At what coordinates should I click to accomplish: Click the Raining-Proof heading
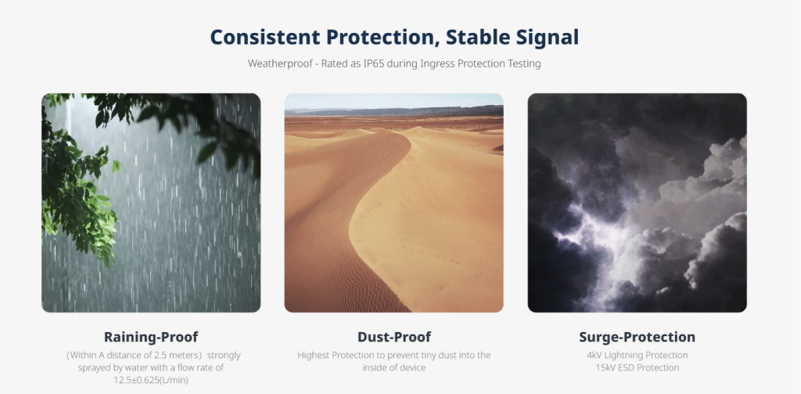[x=151, y=337]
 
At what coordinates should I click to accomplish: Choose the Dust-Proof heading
[x=394, y=337]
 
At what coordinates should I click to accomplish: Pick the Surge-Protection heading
[x=637, y=337]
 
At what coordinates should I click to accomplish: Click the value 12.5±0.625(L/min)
[x=151, y=380]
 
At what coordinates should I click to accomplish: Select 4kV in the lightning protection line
[x=594, y=355]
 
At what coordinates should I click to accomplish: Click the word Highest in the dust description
[x=313, y=355]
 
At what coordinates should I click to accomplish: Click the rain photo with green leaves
[x=151, y=203]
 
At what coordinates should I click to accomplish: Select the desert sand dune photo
[x=394, y=203]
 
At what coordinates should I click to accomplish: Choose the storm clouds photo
[x=637, y=203]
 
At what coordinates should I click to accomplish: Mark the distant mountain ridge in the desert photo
[x=394, y=111]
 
